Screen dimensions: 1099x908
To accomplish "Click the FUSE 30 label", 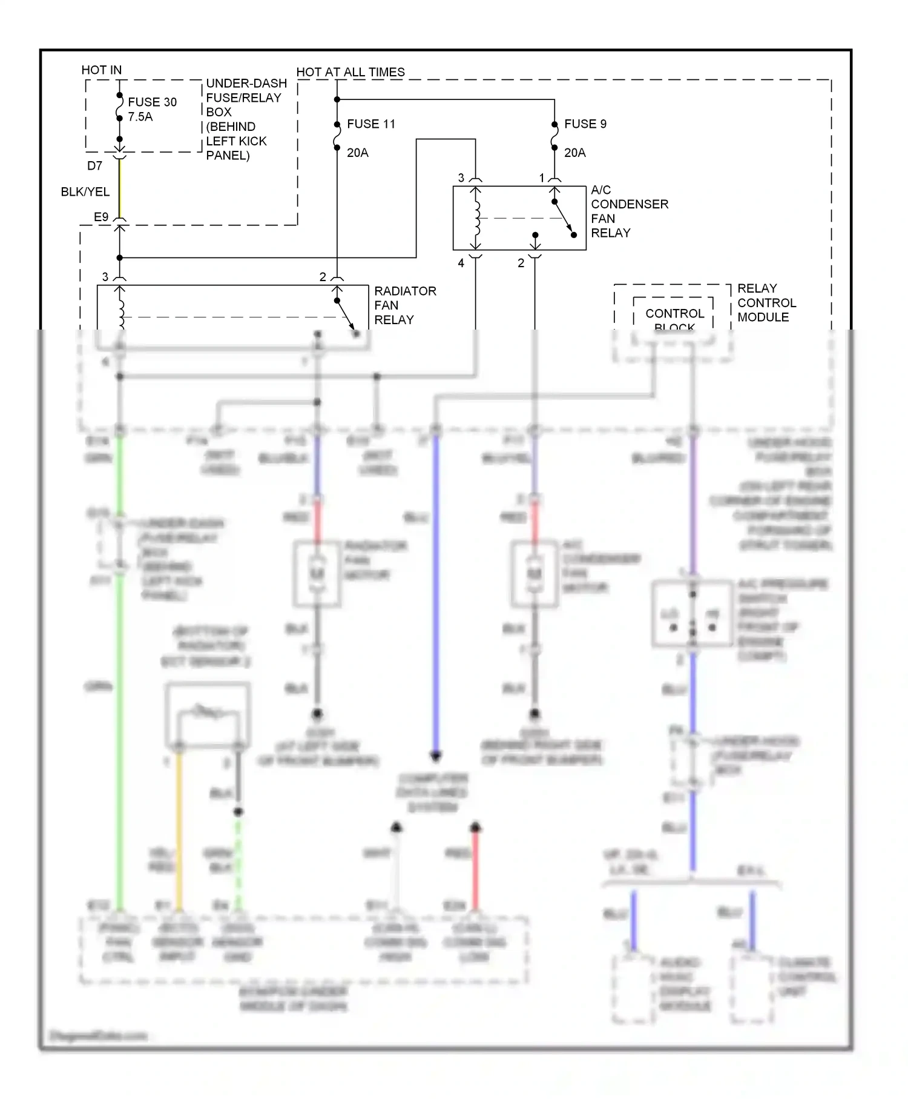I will (152, 102).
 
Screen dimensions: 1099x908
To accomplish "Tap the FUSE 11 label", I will (370, 124).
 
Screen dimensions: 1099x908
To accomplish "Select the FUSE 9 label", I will (585, 124).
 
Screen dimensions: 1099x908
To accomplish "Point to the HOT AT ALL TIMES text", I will (350, 72).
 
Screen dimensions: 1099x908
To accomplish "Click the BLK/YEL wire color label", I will (85, 191).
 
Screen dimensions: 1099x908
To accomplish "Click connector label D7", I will (94, 165).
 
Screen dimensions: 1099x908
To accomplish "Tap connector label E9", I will (100, 217).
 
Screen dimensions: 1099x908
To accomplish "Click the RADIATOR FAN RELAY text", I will (404, 305).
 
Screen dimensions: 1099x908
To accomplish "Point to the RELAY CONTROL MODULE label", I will (766, 302).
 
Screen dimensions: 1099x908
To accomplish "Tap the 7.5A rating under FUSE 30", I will (140, 117).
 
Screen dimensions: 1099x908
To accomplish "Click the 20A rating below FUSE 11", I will (357, 153).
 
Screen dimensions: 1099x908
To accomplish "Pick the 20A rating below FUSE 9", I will (574, 153).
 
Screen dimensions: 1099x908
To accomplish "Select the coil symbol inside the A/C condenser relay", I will (477, 218).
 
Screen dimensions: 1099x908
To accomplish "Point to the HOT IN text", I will (101, 70).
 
